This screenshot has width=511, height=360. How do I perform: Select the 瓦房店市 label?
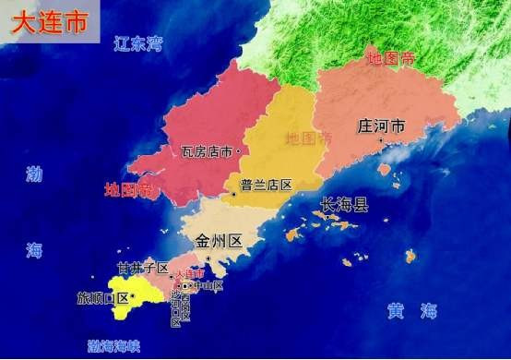click(207, 150)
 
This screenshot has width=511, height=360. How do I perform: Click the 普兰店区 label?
click(266, 185)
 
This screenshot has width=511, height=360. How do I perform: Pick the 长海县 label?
click(343, 205)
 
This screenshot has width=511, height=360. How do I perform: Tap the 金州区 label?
click(219, 242)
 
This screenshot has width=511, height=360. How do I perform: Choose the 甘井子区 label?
click(142, 269)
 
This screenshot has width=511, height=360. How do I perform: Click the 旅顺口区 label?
click(102, 298)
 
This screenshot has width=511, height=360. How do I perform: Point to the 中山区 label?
click(207, 286)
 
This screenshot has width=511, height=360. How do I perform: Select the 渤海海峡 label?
click(113, 346)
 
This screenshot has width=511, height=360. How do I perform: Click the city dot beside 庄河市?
click(381, 141)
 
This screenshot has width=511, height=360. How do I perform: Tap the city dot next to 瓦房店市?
click(238, 150)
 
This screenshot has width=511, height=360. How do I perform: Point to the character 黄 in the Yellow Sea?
click(396, 312)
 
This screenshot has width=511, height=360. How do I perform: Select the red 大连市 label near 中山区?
click(189, 274)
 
